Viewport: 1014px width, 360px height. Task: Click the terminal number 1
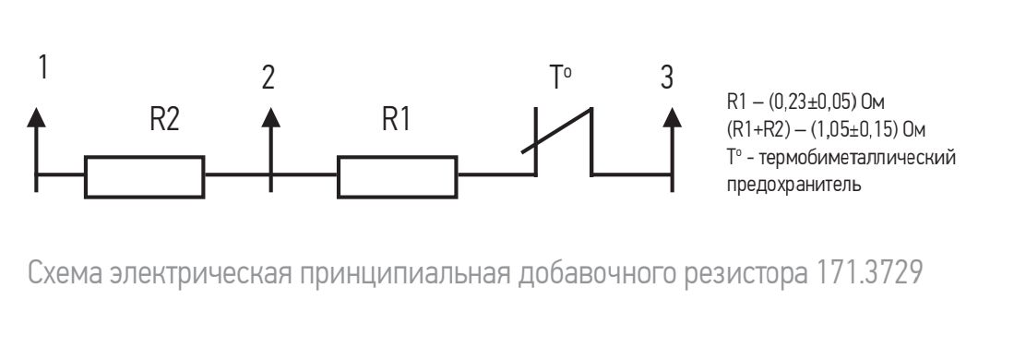point(43,66)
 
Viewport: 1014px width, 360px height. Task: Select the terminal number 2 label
point(268,78)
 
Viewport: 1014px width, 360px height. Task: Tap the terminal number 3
point(667,78)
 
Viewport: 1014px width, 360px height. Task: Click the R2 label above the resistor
point(164,119)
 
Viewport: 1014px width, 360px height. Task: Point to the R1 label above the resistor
point(397,119)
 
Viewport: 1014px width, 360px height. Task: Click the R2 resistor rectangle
point(144,176)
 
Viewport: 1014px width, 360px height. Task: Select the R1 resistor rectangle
point(397,176)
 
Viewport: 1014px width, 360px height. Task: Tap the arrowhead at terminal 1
point(36,117)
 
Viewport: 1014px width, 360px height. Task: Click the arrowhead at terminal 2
point(270,117)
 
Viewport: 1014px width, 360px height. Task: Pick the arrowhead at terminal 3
point(673,117)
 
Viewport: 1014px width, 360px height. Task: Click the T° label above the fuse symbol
point(560,78)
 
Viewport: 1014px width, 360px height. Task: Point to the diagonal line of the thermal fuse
point(556,131)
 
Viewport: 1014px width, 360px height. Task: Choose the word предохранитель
point(794,186)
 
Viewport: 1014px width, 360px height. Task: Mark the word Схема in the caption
point(66,274)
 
